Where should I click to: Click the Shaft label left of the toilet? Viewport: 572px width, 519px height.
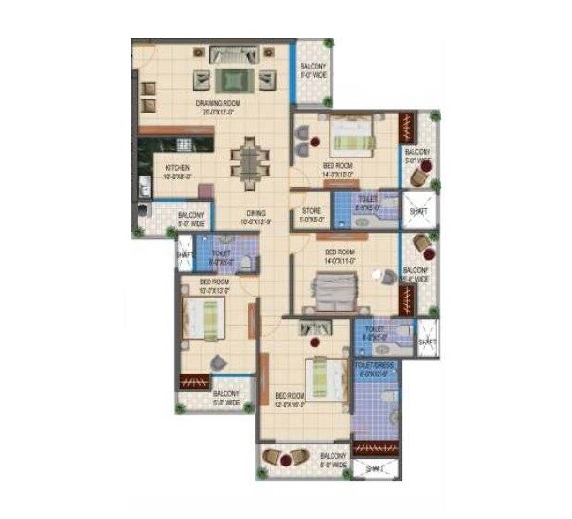point(184,253)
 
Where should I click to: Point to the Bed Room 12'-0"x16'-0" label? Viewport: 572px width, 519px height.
point(291,402)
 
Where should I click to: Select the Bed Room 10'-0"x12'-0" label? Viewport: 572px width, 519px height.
point(214,284)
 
